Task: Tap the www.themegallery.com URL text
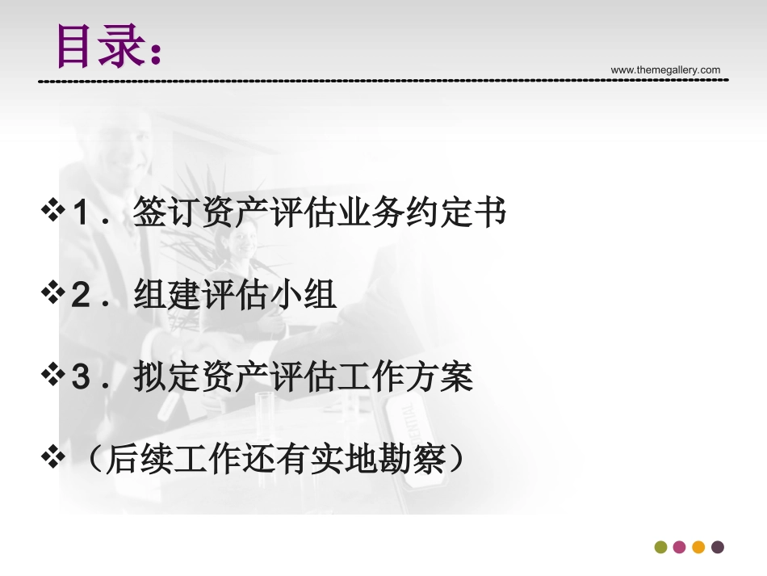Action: pyautogui.click(x=665, y=70)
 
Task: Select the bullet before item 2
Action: pyautogui.click(x=53, y=295)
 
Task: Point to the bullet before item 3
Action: pyautogui.click(x=53, y=376)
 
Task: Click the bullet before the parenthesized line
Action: pyautogui.click(x=53, y=459)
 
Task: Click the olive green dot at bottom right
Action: pyautogui.click(x=661, y=547)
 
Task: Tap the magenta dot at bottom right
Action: pyautogui.click(x=680, y=547)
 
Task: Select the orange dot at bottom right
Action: pyautogui.click(x=698, y=547)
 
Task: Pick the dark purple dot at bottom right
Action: pyautogui.click(x=717, y=547)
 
